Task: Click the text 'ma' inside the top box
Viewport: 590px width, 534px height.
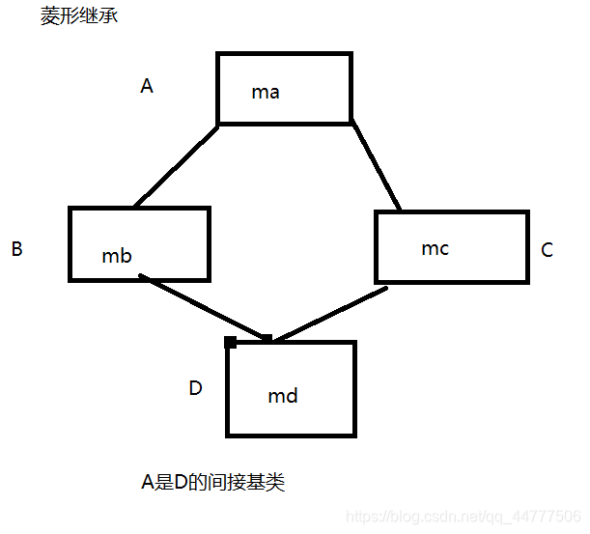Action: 266,93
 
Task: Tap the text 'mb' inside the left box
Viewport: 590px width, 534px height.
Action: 117,256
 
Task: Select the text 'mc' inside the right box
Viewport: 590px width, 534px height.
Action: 435,248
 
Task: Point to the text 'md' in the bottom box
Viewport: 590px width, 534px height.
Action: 283,396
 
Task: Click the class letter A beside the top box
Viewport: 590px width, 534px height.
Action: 147,86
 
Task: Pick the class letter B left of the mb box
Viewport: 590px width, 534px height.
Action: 16,249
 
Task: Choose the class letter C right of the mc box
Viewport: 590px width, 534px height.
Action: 547,250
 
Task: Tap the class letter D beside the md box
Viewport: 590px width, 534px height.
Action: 195,388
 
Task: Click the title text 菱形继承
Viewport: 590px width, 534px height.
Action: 79,17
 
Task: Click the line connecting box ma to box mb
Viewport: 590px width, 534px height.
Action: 176,165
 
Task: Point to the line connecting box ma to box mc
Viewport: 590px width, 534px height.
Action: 376,165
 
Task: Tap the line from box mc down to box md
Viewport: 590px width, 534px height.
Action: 328,312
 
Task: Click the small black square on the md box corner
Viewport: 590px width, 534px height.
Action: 230,342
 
